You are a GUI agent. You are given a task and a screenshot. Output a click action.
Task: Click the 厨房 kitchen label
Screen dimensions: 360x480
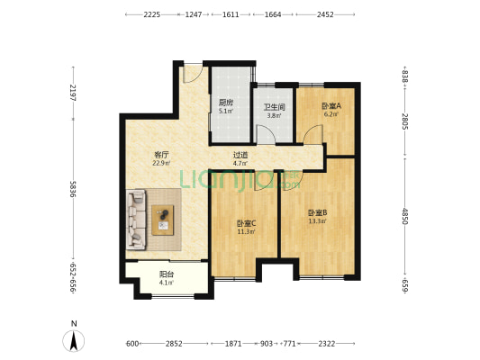(226, 103)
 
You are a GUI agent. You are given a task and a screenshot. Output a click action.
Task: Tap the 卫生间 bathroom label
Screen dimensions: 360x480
(274, 107)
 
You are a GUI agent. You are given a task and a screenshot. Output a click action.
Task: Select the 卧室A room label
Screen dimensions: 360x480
(331, 107)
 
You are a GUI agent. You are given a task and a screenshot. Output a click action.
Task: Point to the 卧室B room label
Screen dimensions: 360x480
(317, 213)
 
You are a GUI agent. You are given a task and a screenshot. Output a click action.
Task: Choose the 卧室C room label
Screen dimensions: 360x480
(246, 223)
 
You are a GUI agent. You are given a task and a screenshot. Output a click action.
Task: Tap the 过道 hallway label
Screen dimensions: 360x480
(240, 155)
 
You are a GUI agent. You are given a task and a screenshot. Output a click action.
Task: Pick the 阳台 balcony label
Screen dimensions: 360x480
(167, 275)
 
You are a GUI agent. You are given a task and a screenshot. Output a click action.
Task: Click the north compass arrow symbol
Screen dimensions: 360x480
(74, 340)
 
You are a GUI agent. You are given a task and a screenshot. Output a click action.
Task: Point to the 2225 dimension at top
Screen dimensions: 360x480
(150, 15)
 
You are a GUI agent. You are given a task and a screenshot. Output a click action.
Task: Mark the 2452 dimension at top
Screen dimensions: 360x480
(325, 15)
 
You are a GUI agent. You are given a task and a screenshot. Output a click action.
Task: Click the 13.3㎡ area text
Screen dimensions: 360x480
(317, 221)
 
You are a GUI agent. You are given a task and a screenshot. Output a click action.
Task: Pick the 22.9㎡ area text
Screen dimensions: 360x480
(162, 163)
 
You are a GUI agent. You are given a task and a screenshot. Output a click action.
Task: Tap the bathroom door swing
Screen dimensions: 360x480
(267, 134)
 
